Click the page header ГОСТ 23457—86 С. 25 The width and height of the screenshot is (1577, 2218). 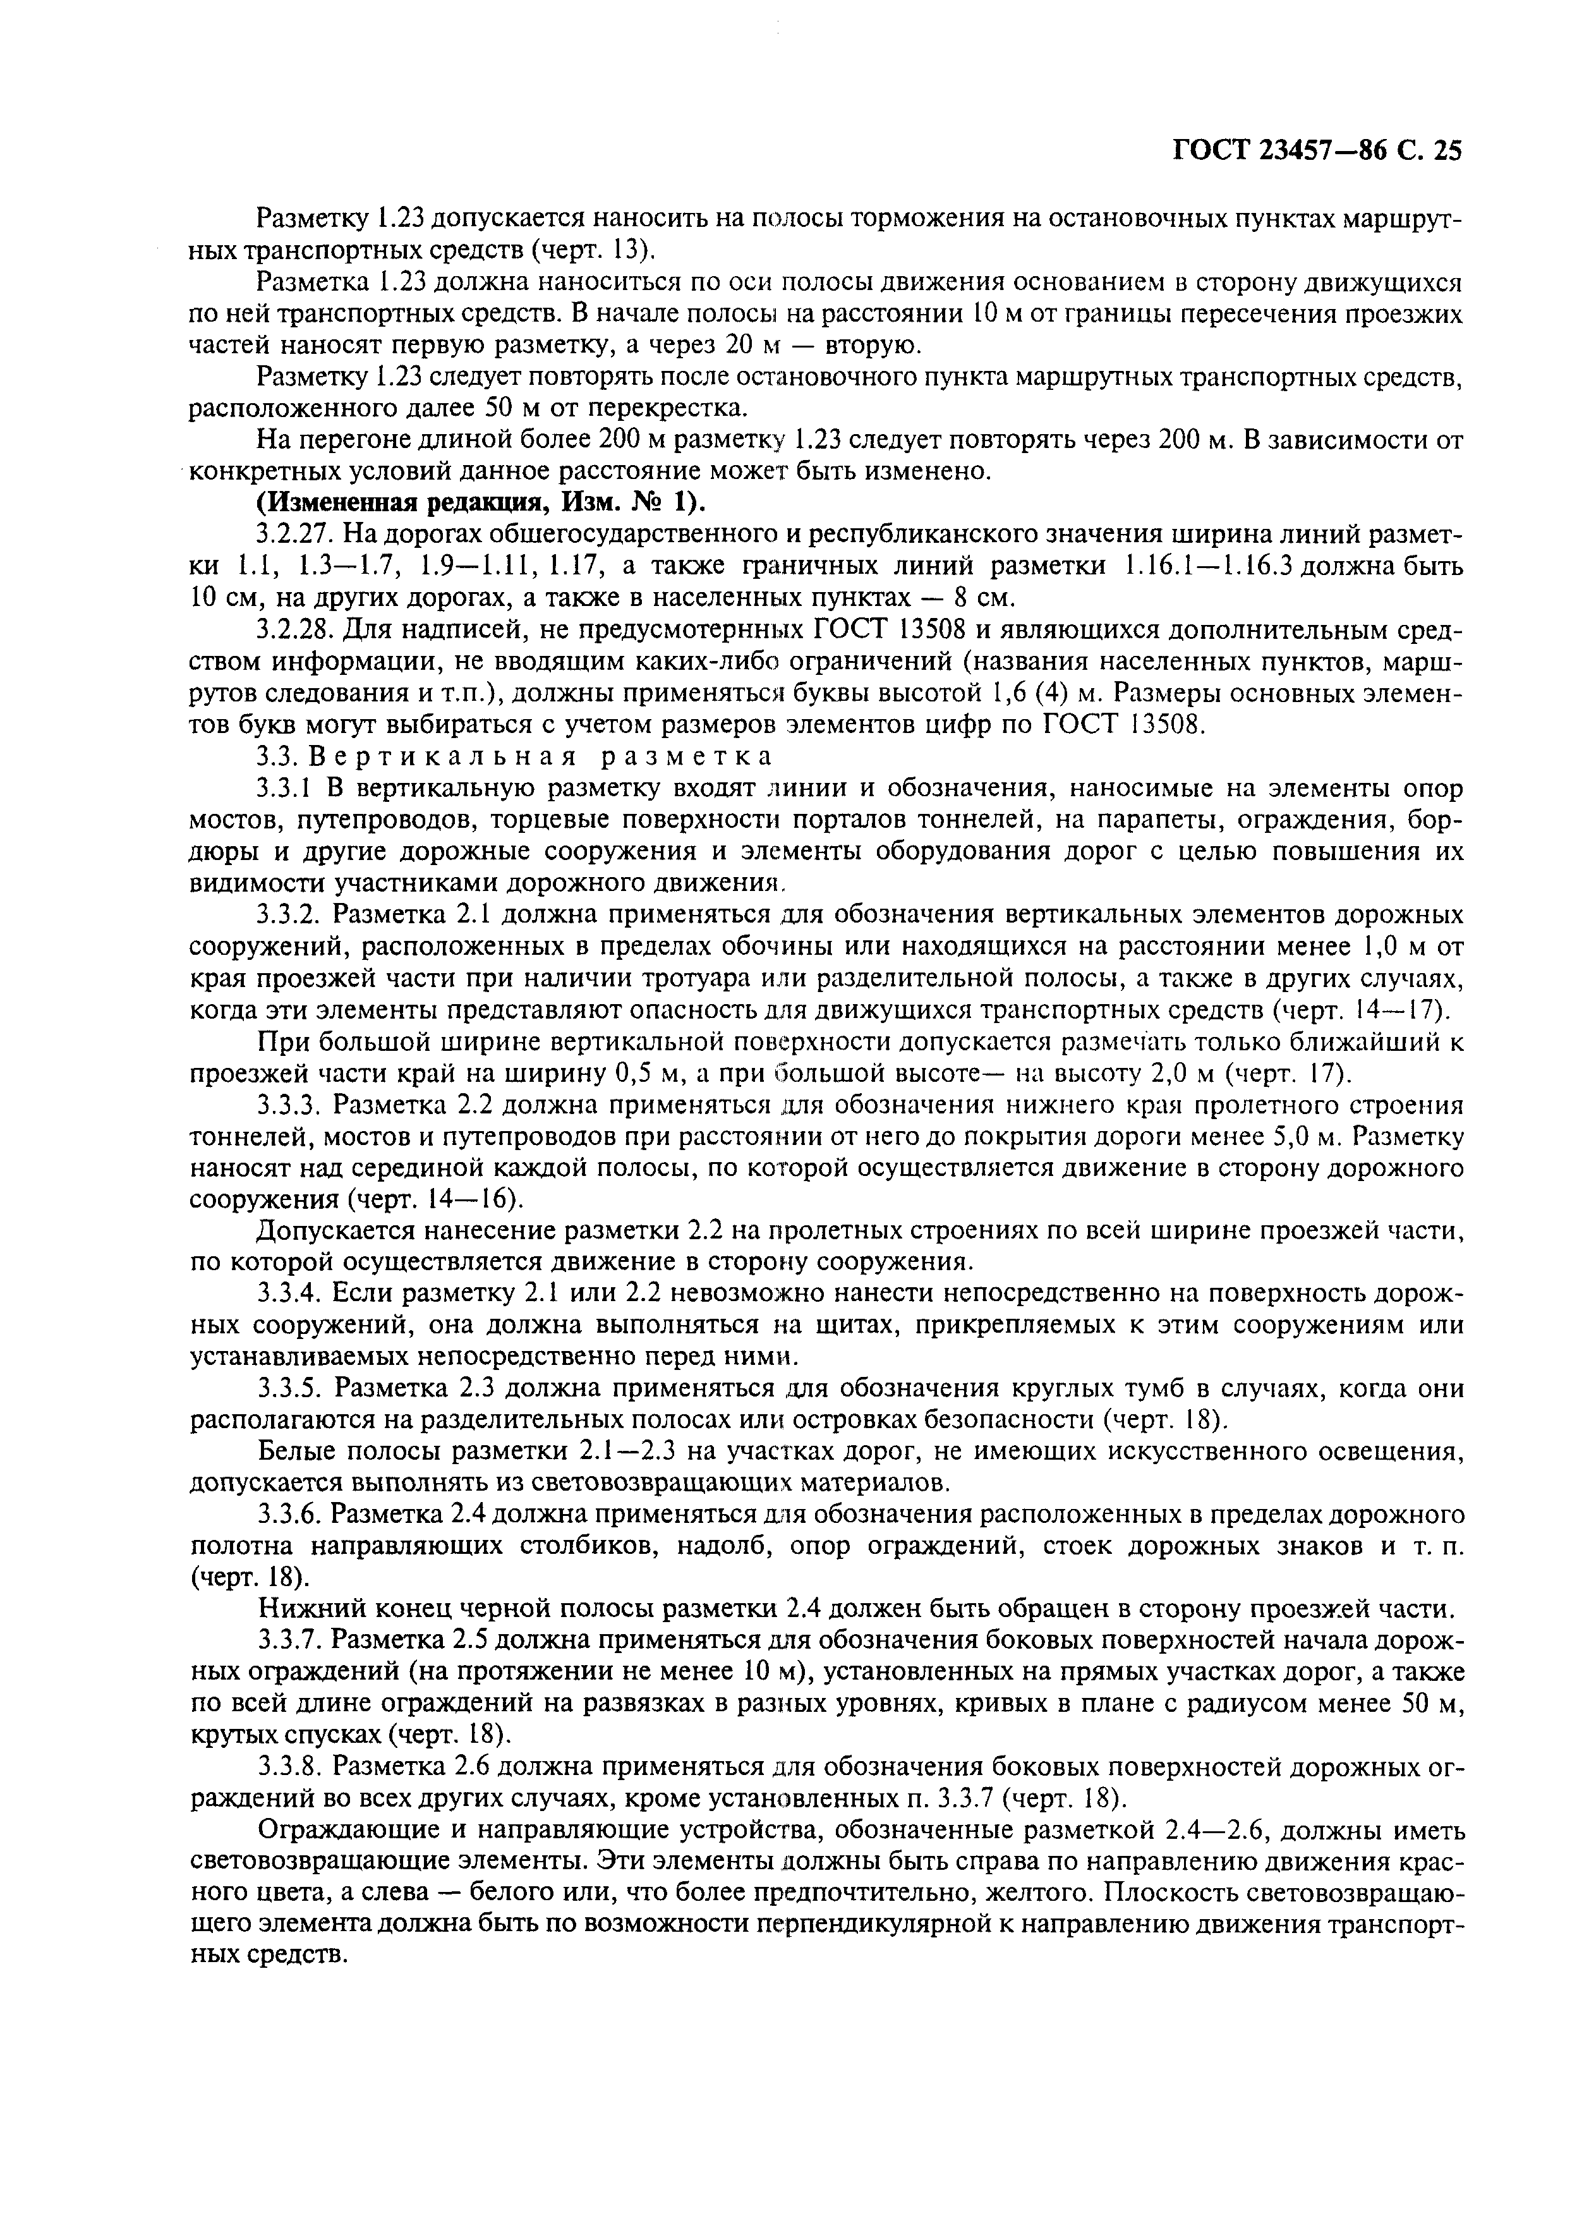[x=1318, y=150]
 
